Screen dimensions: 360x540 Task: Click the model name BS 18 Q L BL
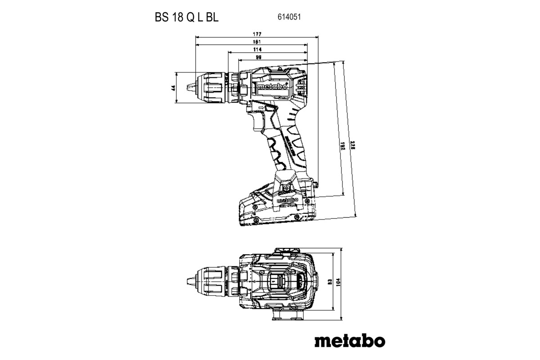[184, 18]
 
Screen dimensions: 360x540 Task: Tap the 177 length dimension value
[257, 34]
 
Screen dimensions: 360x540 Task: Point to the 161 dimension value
[257, 42]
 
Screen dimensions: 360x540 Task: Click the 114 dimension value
[257, 49]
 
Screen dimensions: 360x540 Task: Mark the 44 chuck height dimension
[173, 88]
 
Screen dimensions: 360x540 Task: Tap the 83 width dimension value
[330, 282]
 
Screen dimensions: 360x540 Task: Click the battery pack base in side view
[274, 218]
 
